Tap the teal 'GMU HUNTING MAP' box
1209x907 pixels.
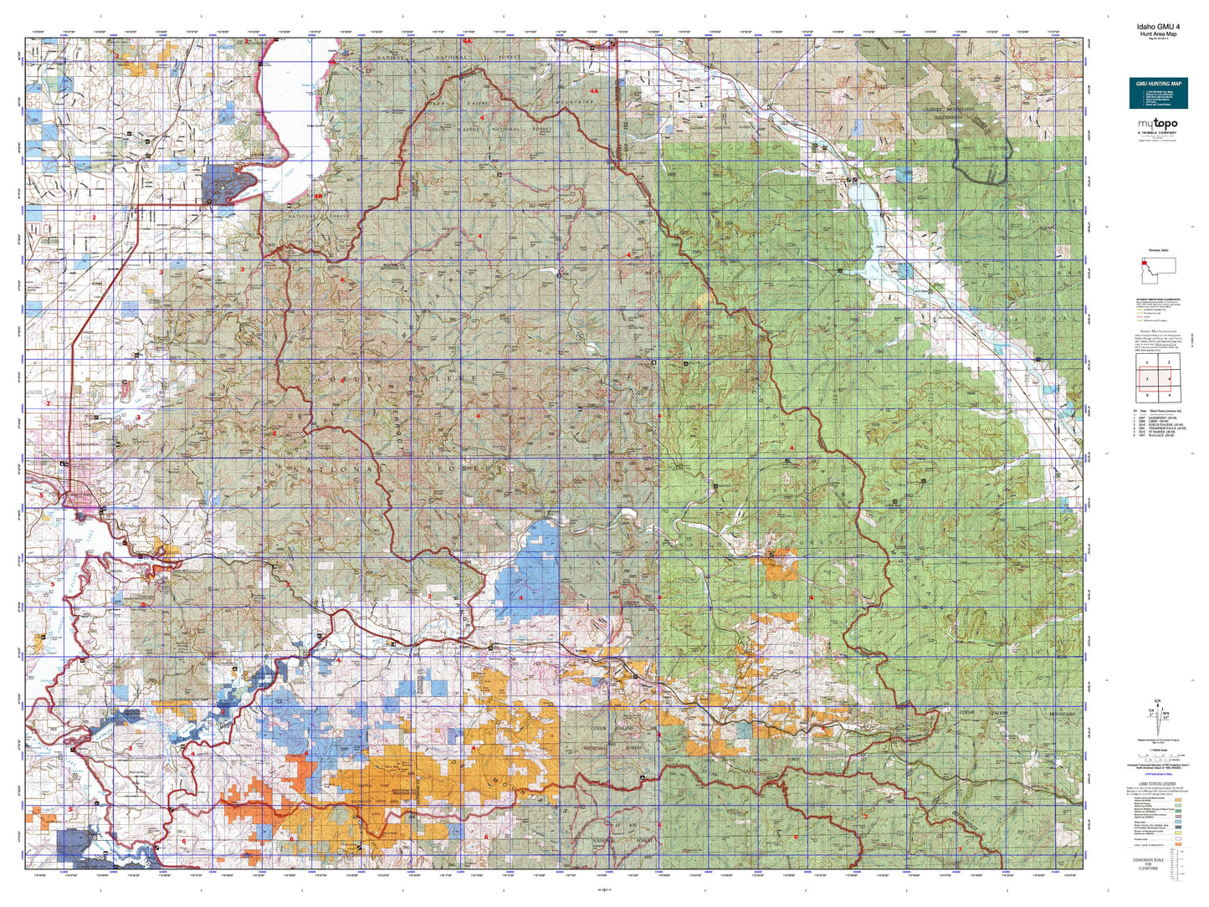point(1158,93)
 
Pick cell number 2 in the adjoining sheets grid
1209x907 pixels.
point(1168,362)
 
